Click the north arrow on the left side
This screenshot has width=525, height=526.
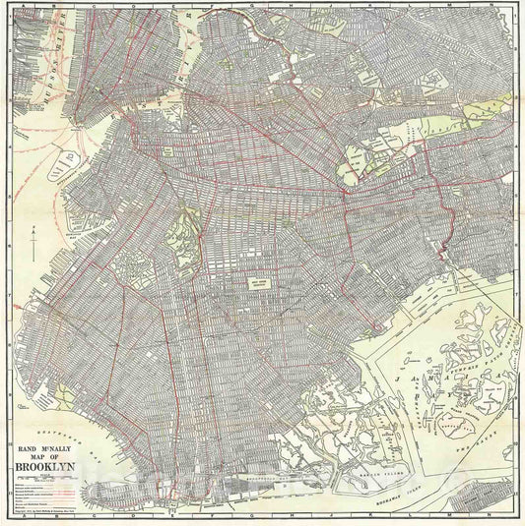click(x=32, y=242)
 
